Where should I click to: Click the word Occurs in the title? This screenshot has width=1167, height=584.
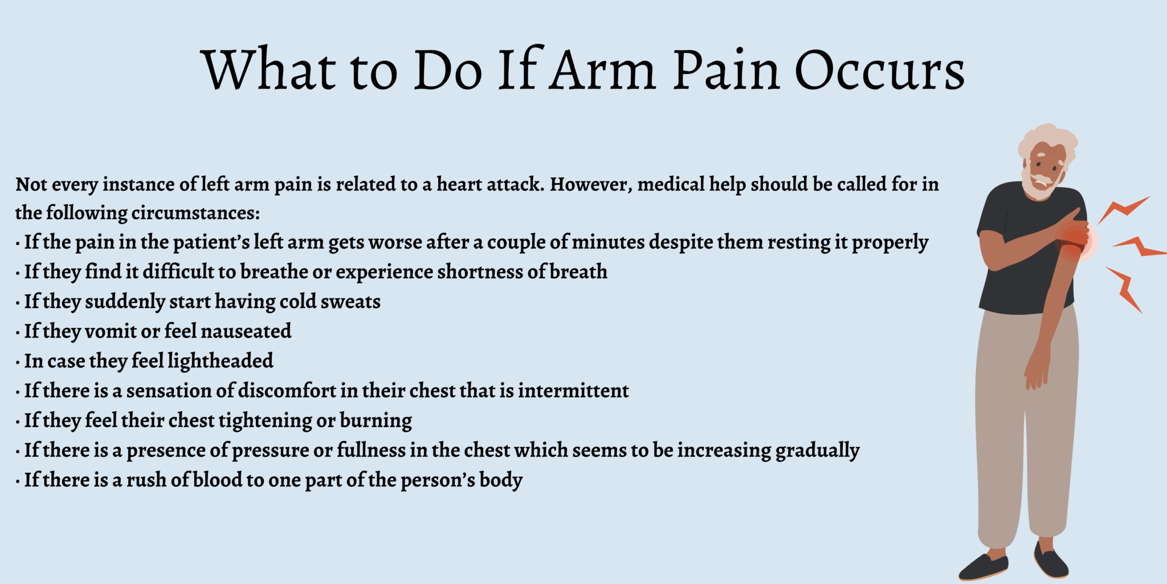tap(879, 71)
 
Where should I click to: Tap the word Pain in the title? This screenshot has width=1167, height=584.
tap(726, 71)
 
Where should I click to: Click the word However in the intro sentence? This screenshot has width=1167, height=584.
tap(590, 185)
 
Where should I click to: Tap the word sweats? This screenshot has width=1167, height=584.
tap(350, 302)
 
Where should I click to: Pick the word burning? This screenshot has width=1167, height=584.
tap(376, 421)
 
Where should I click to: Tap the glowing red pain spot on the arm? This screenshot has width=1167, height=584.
tap(1075, 240)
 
